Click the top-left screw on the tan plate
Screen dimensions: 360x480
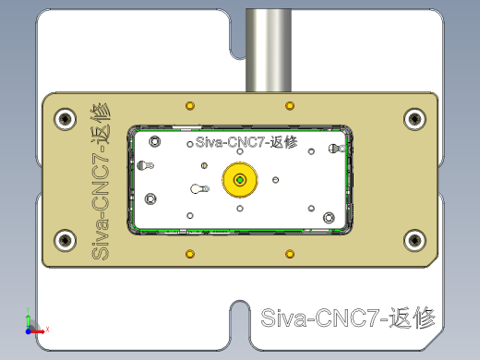[x=65, y=118]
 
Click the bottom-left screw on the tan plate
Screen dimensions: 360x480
[x=65, y=241]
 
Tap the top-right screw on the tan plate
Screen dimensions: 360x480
[x=414, y=118]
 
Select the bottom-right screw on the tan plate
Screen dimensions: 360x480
[x=414, y=241]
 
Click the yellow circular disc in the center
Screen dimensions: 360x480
[x=240, y=180]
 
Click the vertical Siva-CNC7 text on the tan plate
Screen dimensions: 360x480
[x=100, y=180]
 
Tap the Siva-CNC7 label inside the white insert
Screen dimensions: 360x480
[x=246, y=143]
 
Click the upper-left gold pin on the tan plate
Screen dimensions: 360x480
[x=190, y=102]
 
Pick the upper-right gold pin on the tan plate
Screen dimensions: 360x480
[x=290, y=102]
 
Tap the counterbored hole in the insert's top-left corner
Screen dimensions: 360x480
[x=154, y=141]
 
